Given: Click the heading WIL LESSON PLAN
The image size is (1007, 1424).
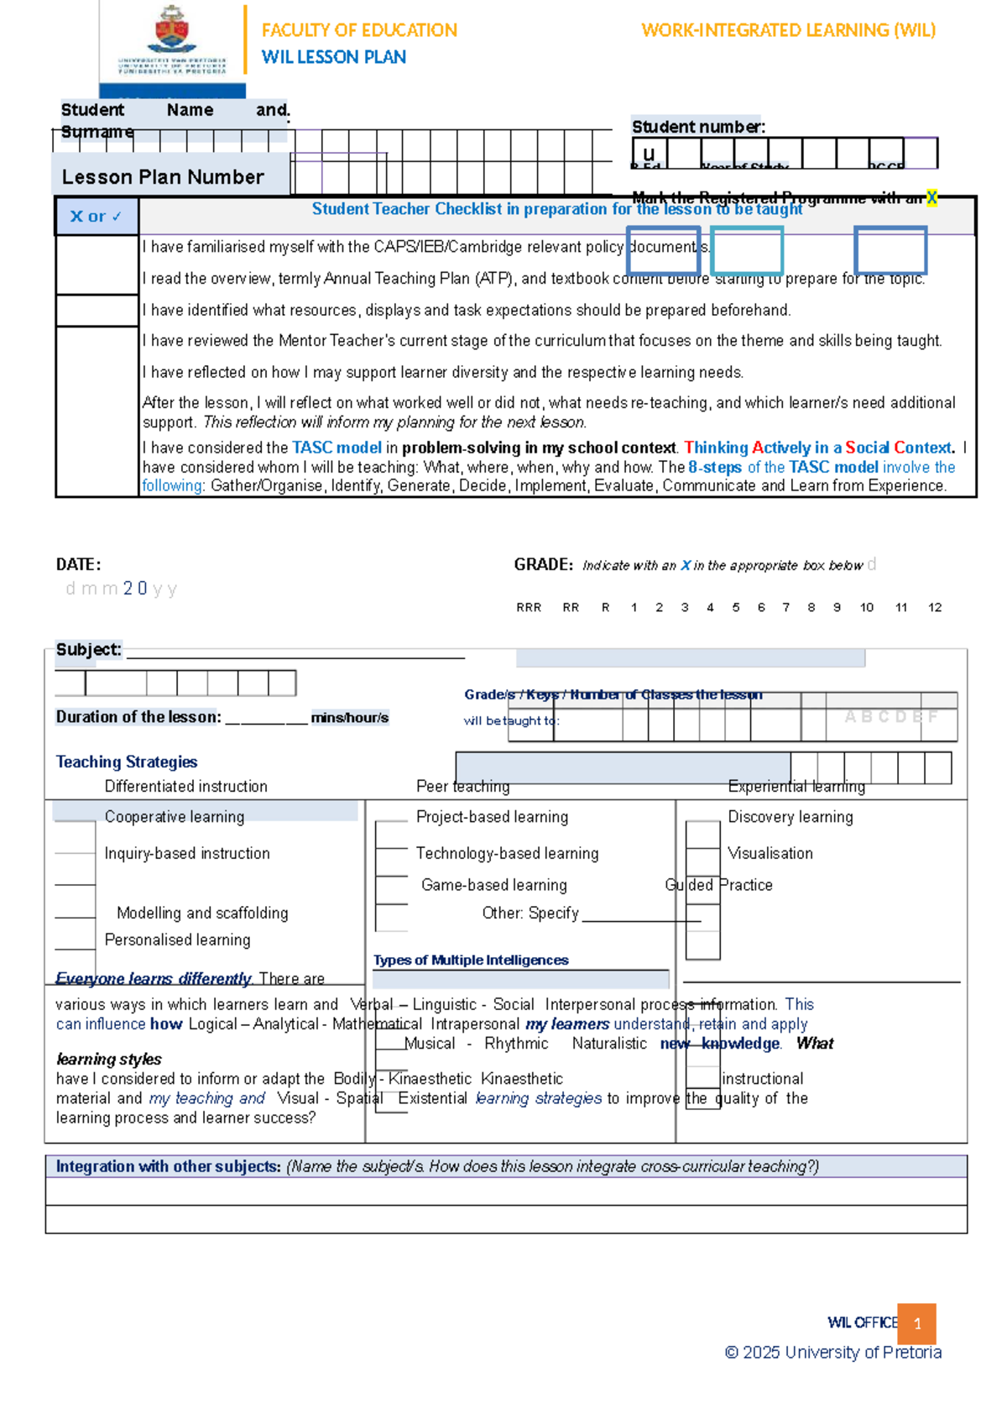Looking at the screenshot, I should click(333, 57).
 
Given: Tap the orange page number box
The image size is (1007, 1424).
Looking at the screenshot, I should click(916, 1323).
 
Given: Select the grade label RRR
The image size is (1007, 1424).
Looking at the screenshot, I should click(529, 607).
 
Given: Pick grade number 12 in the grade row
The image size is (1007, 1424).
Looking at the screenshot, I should click(935, 607).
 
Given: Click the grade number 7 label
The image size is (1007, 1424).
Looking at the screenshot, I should click(785, 607).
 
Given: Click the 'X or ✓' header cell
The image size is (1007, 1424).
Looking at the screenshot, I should click(97, 217).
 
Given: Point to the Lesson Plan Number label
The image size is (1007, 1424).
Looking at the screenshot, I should click(163, 177).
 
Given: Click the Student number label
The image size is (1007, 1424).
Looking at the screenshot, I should click(698, 127).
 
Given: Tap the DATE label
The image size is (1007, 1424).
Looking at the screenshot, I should click(78, 564).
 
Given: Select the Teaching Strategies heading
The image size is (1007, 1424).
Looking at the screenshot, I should click(127, 762).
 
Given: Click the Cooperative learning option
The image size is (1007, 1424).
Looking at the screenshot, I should click(175, 816).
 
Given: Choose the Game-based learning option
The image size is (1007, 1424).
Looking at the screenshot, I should click(493, 885).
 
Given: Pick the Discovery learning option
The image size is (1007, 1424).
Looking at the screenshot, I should click(790, 816).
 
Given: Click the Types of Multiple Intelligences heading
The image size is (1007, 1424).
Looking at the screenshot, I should click(471, 960).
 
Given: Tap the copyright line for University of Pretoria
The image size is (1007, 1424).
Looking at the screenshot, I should click(832, 1352).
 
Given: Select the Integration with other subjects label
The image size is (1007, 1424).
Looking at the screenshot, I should click(168, 1166).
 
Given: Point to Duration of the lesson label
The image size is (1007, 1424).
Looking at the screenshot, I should click(138, 717).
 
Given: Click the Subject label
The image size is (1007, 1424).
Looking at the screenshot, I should click(88, 649).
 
